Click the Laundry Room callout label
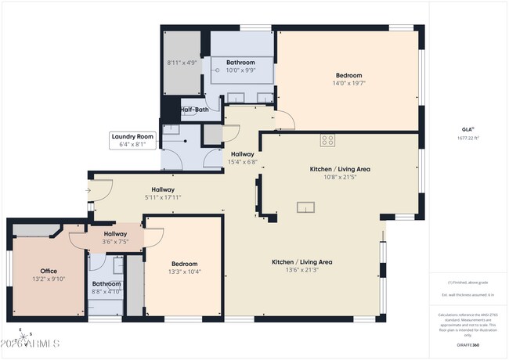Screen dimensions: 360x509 [132, 136]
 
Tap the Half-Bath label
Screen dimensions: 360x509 [194, 110]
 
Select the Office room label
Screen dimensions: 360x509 [49, 271]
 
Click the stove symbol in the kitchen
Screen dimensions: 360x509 [327, 141]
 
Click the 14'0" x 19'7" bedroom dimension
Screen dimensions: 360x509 [348, 83]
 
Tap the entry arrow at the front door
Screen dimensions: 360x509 [88, 189]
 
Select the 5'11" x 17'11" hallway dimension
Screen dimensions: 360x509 [162, 197]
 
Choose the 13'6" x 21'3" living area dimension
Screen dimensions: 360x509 [302, 270]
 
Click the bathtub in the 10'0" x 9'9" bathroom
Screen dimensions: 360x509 [242, 69]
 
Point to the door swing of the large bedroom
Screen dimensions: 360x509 [287, 120]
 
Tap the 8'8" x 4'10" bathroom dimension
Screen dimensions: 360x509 [106, 291]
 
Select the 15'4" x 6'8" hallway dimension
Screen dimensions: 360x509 [242, 162]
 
